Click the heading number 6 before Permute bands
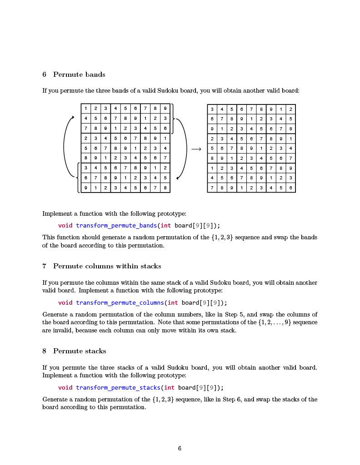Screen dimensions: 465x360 45,74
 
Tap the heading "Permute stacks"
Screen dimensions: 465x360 80,351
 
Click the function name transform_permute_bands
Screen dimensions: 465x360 116,226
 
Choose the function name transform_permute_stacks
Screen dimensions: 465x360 118,388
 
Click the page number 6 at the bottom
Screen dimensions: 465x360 180,449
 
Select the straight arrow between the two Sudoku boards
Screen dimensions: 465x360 196,149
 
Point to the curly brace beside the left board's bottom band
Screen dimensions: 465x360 78,178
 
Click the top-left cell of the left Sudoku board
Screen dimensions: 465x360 86,109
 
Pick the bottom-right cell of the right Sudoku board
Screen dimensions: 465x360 290,188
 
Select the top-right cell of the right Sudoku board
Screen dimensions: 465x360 290,109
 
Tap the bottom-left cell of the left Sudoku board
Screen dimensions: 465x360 86,188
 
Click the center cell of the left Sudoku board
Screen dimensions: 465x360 125,148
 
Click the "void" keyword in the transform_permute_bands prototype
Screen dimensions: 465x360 65,226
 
